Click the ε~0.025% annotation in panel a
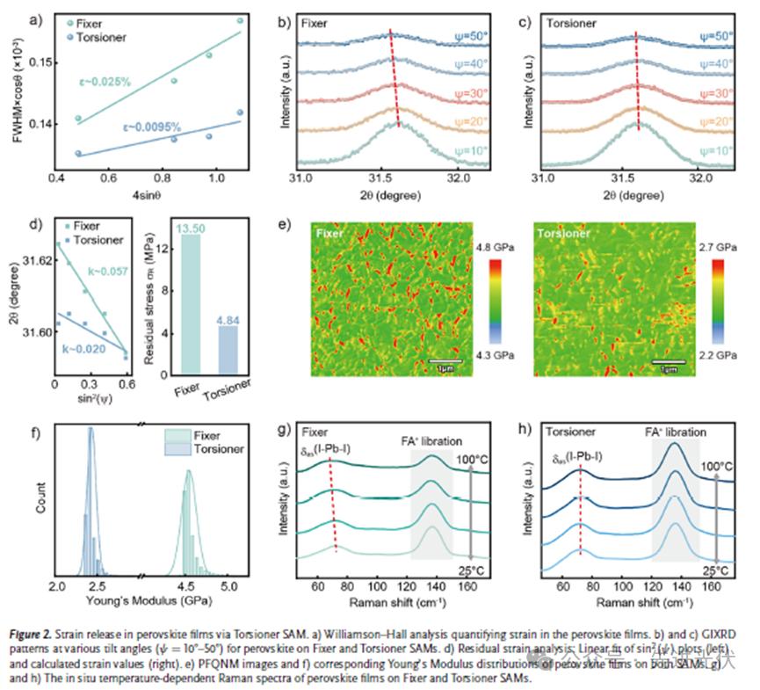coord(104,82)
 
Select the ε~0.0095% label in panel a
coord(153,126)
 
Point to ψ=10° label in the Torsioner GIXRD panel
coord(715,150)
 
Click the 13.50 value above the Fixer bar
coord(191,229)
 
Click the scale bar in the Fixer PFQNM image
coord(448,360)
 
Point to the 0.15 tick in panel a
coord(40,63)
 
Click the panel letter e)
coord(285,225)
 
